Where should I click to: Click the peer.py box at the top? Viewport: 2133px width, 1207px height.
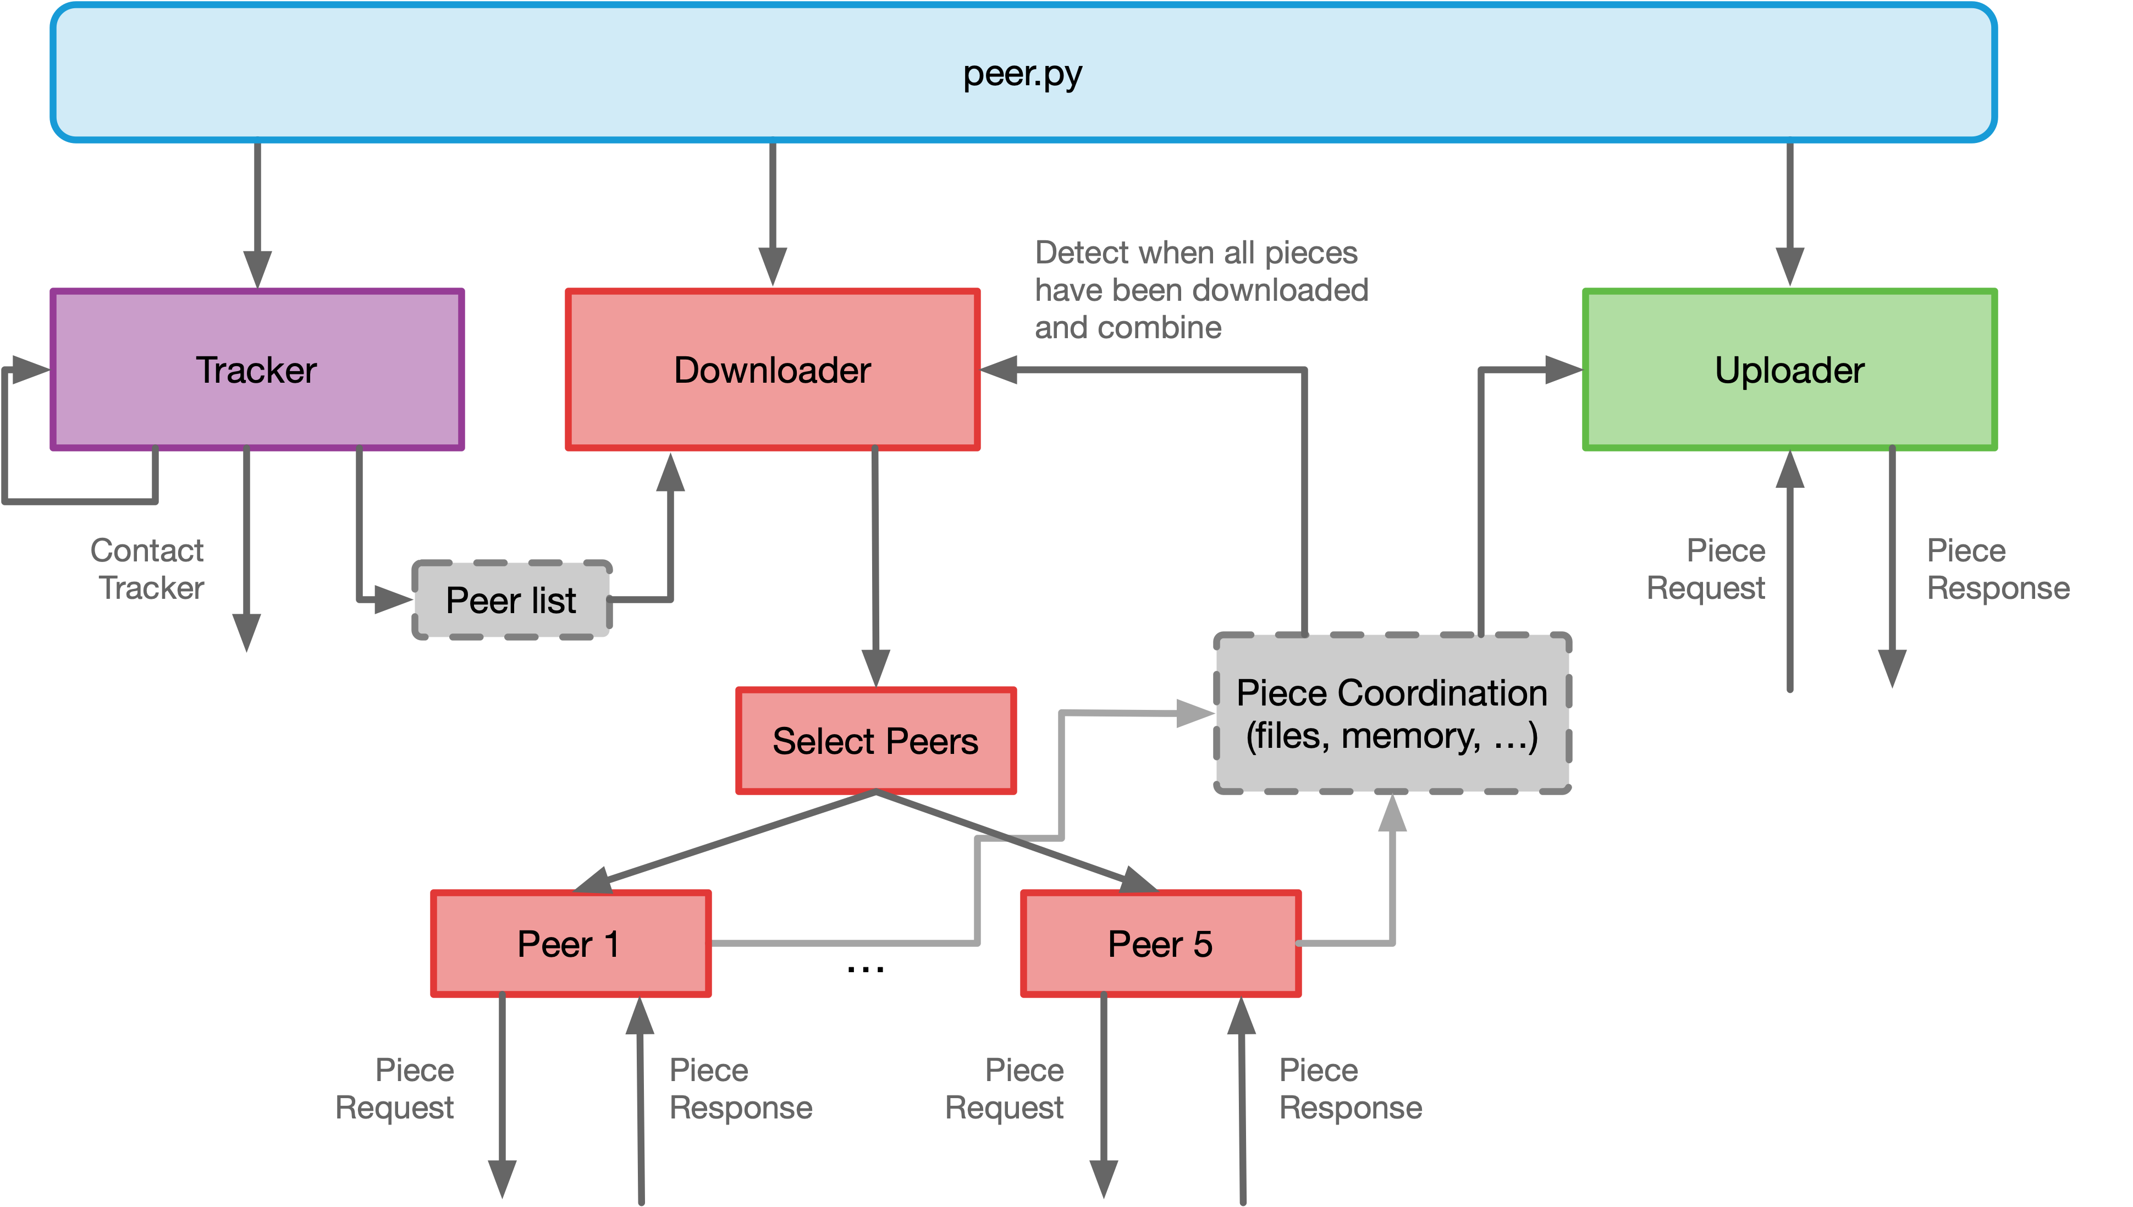(x=1023, y=73)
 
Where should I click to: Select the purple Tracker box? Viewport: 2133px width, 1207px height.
(x=257, y=370)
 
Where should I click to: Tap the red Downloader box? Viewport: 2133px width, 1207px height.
(x=773, y=370)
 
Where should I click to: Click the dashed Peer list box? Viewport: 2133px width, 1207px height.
(x=511, y=600)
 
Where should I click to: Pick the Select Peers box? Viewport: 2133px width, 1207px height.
(x=875, y=740)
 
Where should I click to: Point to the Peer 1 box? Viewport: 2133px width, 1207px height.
(x=570, y=944)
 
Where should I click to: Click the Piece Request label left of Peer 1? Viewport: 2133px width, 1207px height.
(x=395, y=1088)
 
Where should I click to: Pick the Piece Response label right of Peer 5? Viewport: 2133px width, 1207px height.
(x=1349, y=1088)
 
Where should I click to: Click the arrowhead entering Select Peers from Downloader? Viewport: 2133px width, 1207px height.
(x=875, y=668)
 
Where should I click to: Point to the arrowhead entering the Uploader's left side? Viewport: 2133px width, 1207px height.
(x=1563, y=370)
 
